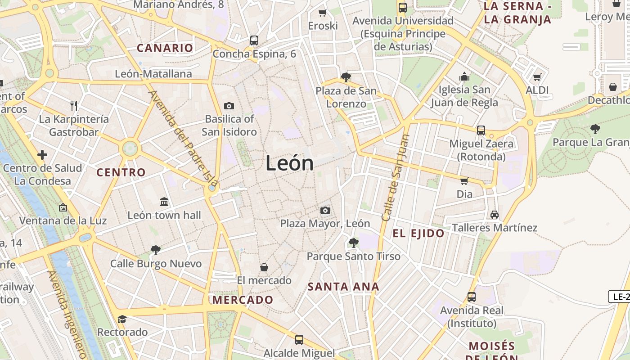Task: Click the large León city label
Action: click(x=289, y=163)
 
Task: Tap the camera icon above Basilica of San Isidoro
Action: click(x=229, y=106)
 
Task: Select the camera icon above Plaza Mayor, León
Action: click(x=325, y=210)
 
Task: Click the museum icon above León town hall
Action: click(x=164, y=202)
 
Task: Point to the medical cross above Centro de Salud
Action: click(x=42, y=155)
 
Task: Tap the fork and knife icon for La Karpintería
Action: click(x=74, y=106)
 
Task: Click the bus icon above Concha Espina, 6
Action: click(x=254, y=40)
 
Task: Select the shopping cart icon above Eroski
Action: click(x=322, y=13)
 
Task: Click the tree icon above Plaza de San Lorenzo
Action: click(x=346, y=77)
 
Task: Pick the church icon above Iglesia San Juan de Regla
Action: click(x=464, y=76)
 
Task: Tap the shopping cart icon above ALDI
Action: click(x=537, y=77)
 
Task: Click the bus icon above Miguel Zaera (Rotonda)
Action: click(x=481, y=130)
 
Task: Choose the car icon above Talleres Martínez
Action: click(x=495, y=215)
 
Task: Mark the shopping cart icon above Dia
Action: click(x=464, y=181)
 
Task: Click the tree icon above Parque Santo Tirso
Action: click(x=353, y=243)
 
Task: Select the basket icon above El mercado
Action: click(x=264, y=267)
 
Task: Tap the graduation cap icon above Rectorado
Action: click(x=122, y=319)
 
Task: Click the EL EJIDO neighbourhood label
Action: click(x=418, y=233)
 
